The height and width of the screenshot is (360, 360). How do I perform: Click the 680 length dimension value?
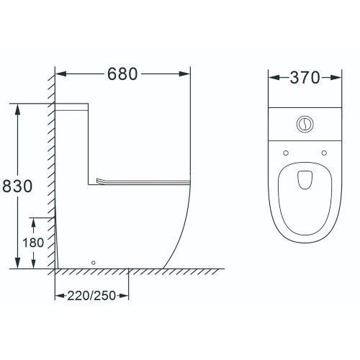122,74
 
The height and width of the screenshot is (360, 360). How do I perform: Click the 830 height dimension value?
17,186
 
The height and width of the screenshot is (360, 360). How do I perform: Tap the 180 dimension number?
33,243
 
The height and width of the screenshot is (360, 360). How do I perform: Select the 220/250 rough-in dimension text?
91,296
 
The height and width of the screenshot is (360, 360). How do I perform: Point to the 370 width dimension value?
305,78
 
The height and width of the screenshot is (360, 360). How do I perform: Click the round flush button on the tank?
305,124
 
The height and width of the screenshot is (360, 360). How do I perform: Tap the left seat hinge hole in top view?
286,153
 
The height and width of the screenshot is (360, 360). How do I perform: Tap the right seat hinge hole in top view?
324,153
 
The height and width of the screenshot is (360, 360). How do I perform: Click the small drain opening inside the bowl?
305,180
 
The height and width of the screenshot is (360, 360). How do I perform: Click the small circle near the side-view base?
94,263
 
